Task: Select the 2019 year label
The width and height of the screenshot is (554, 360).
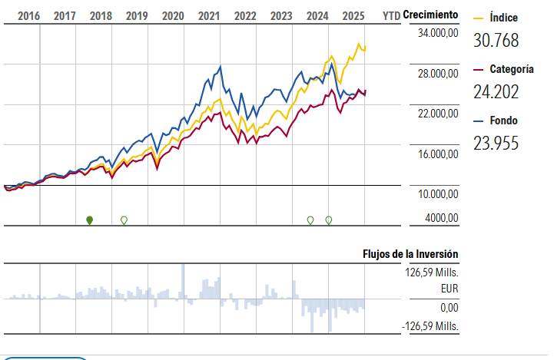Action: (x=137, y=15)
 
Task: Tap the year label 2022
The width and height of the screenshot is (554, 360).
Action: (x=245, y=15)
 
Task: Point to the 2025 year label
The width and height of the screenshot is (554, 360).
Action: (x=353, y=15)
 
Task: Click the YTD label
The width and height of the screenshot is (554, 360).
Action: (x=391, y=15)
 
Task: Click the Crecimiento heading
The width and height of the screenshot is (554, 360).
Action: (x=430, y=15)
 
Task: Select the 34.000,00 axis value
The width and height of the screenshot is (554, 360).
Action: (x=435, y=34)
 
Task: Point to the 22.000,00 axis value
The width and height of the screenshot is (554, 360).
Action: (x=435, y=114)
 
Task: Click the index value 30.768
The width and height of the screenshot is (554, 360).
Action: (x=496, y=41)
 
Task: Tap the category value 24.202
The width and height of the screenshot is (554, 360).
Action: (x=496, y=92)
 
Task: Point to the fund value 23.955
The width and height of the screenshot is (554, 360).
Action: (x=496, y=143)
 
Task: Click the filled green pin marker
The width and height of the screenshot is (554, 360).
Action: (x=90, y=220)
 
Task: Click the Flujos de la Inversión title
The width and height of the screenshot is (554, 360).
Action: (x=410, y=254)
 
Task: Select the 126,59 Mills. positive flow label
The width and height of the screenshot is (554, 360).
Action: (x=432, y=271)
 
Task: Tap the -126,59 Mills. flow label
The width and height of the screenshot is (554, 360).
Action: (x=430, y=326)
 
